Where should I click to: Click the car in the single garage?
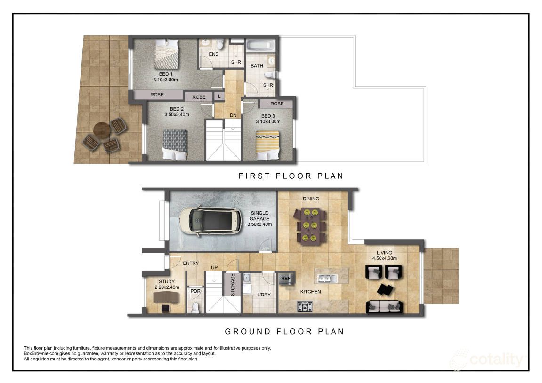211,221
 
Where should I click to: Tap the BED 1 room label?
166,74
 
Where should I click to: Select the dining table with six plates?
310,226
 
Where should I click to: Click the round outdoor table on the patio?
102,130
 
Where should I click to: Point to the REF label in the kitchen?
286,279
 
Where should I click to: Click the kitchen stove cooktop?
305,306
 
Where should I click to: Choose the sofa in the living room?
384,307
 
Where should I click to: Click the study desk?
166,297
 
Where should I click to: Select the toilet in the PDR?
195,307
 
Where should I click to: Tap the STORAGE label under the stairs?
233,285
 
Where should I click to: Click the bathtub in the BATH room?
260,46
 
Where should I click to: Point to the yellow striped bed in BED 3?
267,145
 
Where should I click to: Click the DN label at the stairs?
233,115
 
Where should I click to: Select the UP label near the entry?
214,268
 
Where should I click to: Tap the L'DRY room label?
264,295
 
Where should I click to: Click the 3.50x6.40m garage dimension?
259,224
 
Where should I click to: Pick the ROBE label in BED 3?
277,104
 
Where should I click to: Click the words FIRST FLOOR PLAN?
291,176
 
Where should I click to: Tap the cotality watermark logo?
487,359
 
